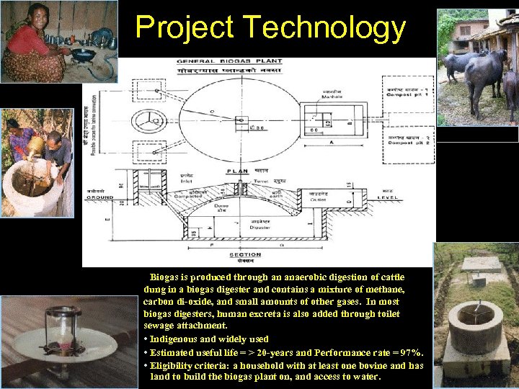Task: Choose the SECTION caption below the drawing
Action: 245,255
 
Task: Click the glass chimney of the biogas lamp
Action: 63,321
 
